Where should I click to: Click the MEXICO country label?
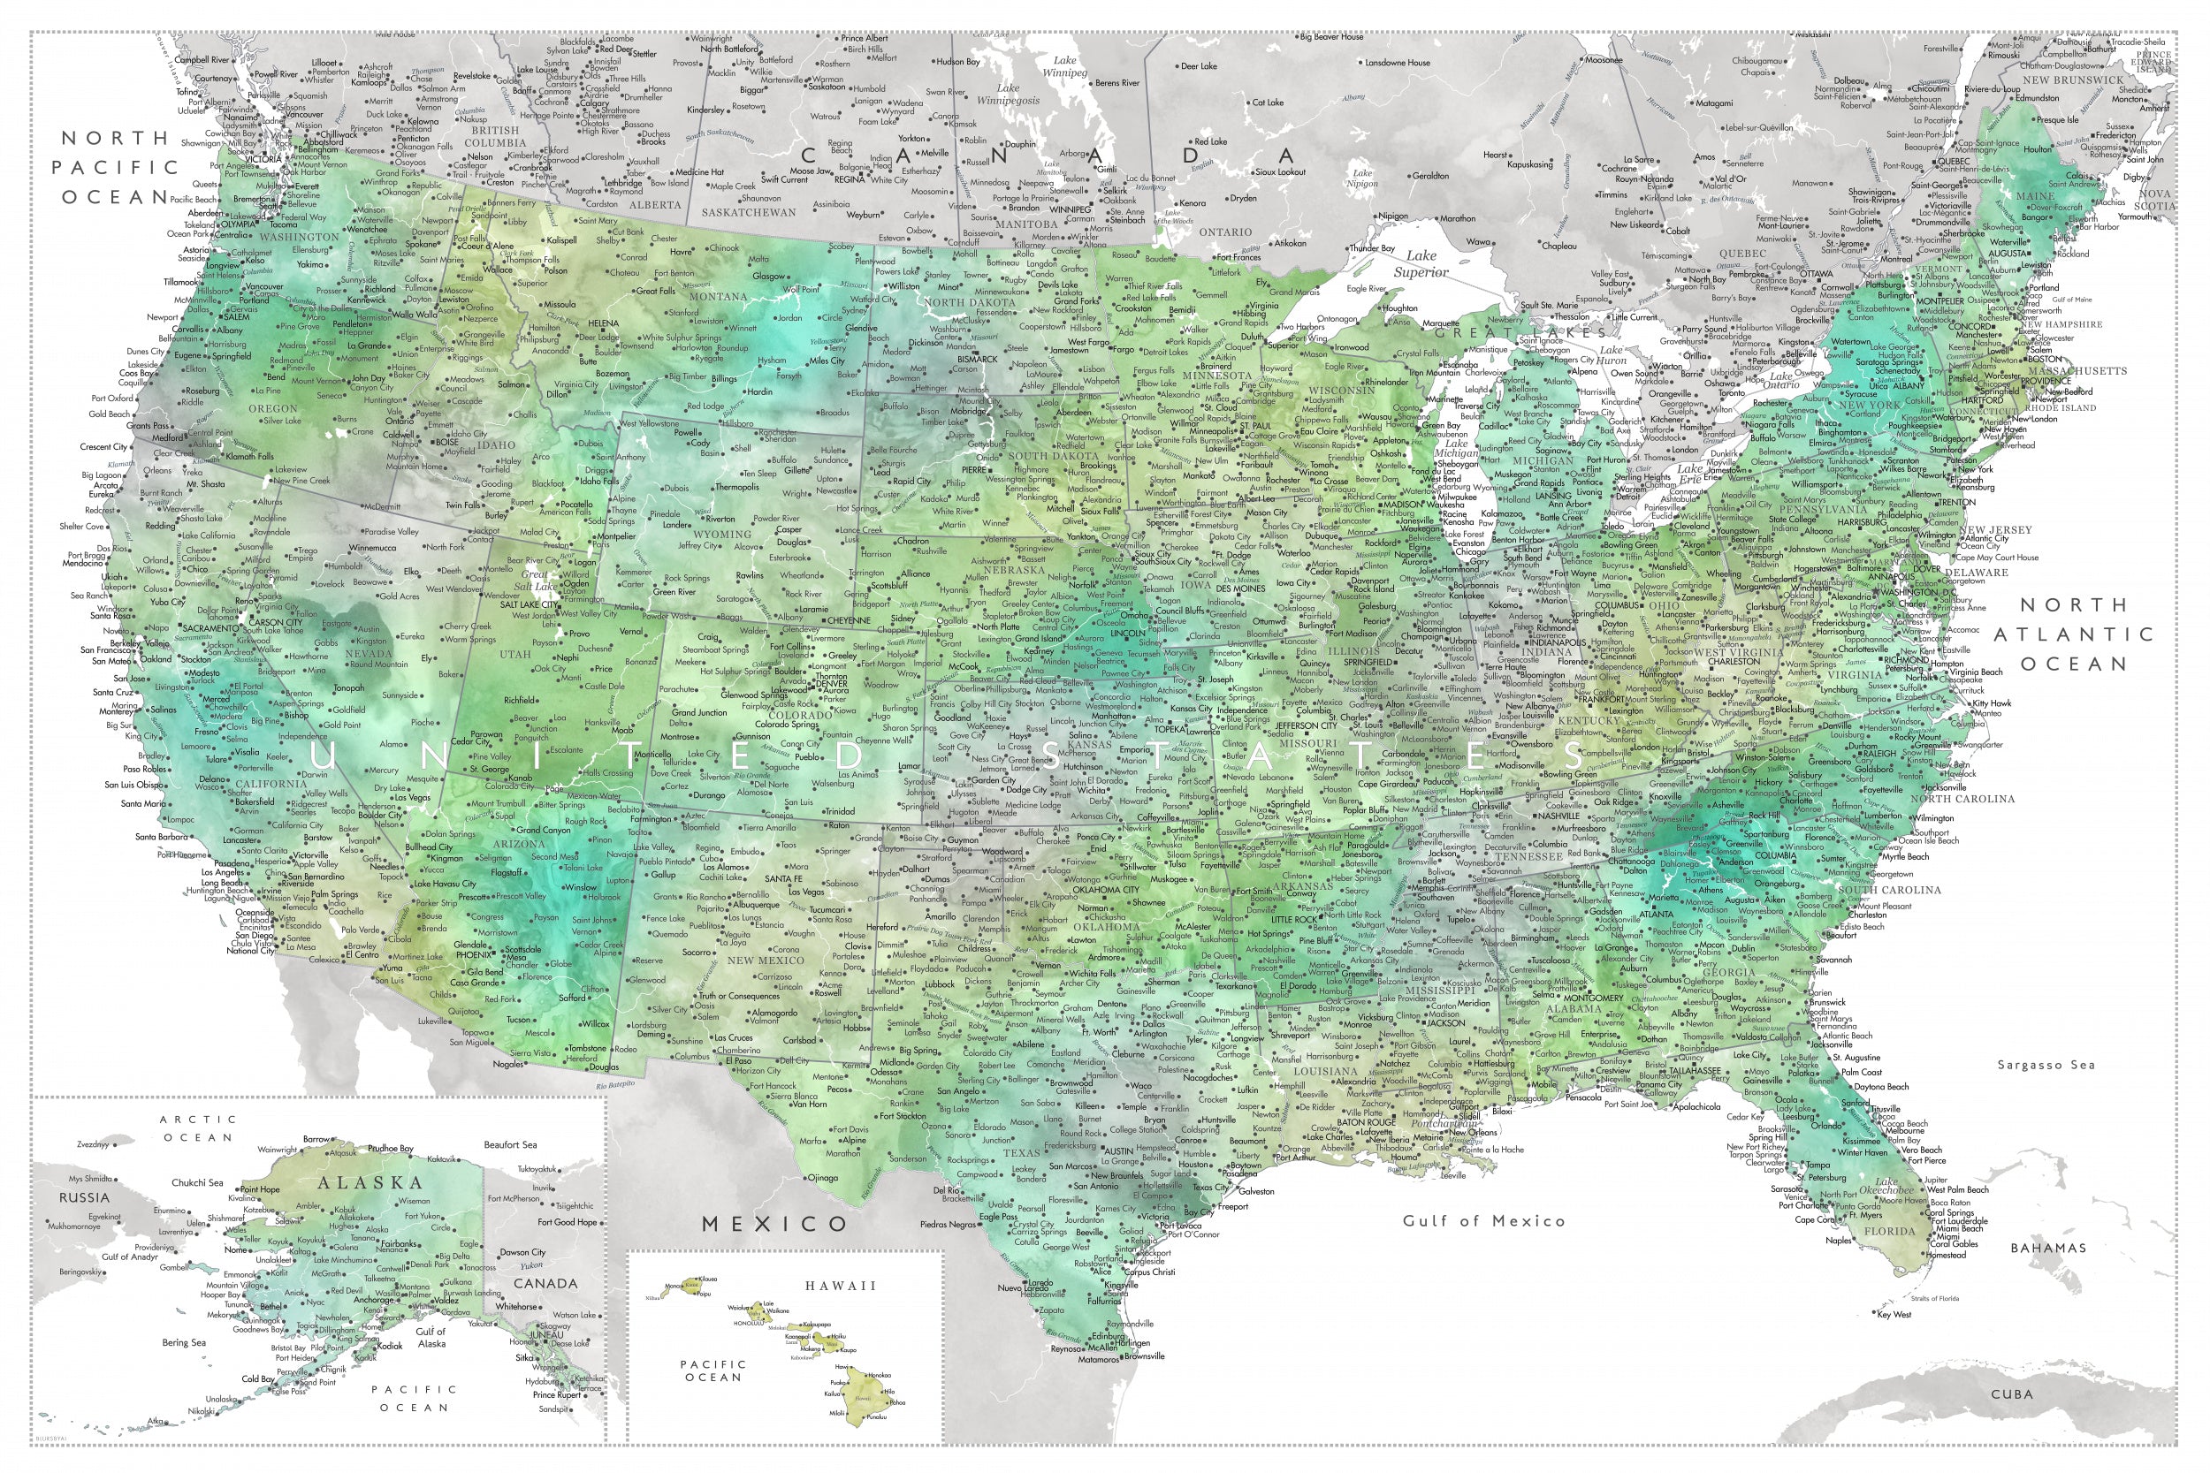pyautogui.click(x=775, y=1223)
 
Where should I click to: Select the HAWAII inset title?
pyautogui.click(x=839, y=1286)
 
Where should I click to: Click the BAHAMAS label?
pyautogui.click(x=2047, y=1248)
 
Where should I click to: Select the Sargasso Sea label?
pyautogui.click(x=2044, y=1065)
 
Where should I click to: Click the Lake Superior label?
pyautogui.click(x=1421, y=264)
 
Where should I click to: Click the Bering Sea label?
pyautogui.click(x=183, y=1342)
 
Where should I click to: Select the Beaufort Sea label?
pyautogui.click(x=509, y=1144)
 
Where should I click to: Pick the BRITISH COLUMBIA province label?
pyautogui.click(x=494, y=137)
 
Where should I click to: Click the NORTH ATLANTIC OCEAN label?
pyautogui.click(x=2073, y=634)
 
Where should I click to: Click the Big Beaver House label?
pyautogui.click(x=1331, y=38)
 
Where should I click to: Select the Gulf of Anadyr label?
pyautogui.click(x=129, y=1257)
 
